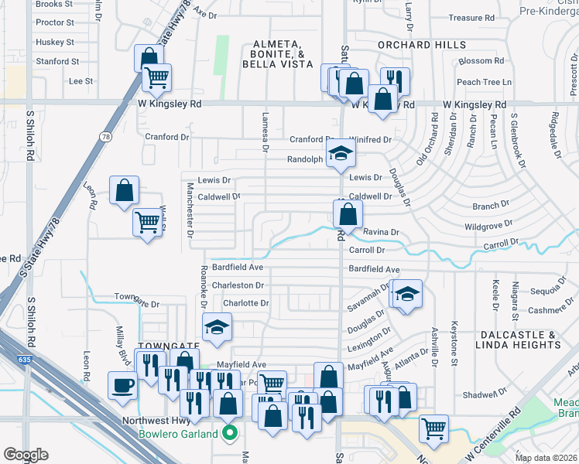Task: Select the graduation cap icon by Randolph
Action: [x=339, y=154]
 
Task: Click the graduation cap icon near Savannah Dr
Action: [x=407, y=294]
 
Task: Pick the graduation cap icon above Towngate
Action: [x=218, y=327]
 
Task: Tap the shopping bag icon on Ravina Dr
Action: [x=348, y=213]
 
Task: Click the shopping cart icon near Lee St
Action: [x=157, y=77]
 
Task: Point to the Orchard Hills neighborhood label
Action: [x=422, y=45]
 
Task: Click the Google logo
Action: [x=26, y=455]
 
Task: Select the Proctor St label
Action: [x=55, y=23]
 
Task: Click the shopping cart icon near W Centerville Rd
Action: [x=434, y=428]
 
